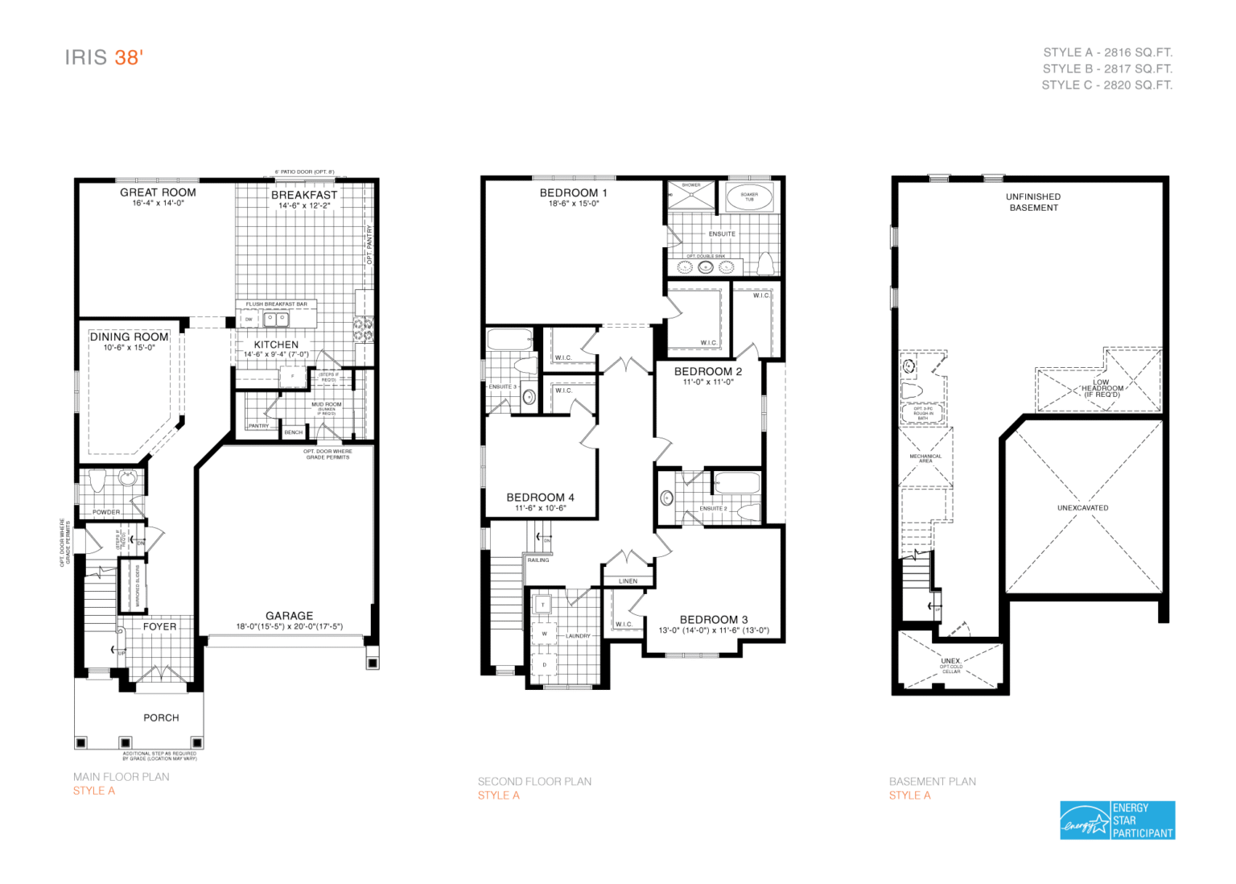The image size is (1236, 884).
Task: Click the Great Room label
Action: click(x=158, y=192)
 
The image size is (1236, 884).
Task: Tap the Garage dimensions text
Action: click(x=289, y=626)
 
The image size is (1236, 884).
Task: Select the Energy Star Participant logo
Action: click(x=1117, y=820)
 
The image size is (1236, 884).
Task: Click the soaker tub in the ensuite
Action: click(x=749, y=196)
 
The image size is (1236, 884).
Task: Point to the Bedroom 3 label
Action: click(x=713, y=619)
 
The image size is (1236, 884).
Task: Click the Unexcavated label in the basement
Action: click(x=1082, y=508)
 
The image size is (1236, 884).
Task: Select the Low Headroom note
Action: click(x=1102, y=388)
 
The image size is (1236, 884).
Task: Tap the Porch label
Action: click(x=161, y=717)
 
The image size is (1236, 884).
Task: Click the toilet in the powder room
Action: click(x=97, y=481)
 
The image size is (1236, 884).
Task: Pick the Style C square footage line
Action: click(x=1106, y=85)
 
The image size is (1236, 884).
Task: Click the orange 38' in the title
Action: click(x=128, y=57)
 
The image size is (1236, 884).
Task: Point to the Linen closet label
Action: click(x=628, y=580)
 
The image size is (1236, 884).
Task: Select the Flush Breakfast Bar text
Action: click(x=276, y=304)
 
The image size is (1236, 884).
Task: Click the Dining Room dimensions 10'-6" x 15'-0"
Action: click(x=129, y=348)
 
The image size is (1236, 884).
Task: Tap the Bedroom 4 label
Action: click(x=540, y=498)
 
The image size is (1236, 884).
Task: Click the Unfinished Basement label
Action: click(x=1033, y=202)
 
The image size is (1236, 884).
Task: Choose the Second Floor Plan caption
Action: click(x=534, y=781)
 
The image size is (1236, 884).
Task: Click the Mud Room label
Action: click(x=326, y=404)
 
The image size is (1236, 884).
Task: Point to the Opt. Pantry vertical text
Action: click(x=369, y=245)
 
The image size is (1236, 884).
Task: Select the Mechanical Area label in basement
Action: click(x=925, y=458)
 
